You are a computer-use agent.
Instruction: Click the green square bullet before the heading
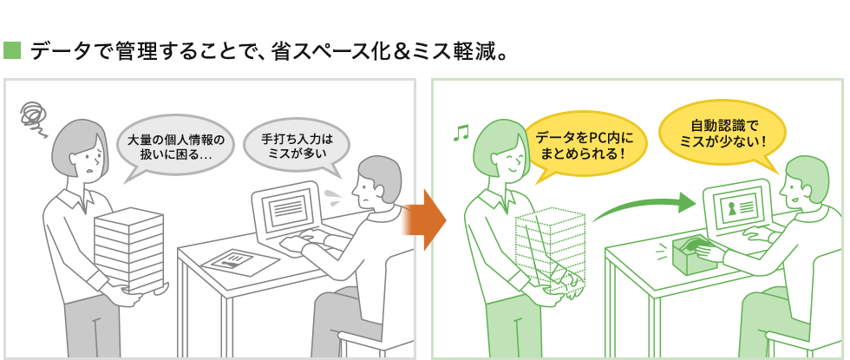12,50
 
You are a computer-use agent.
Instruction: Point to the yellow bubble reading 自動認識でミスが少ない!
722,134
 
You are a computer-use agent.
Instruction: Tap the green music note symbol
461,133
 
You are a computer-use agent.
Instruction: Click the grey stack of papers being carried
129,247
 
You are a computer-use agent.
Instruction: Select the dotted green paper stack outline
550,249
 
